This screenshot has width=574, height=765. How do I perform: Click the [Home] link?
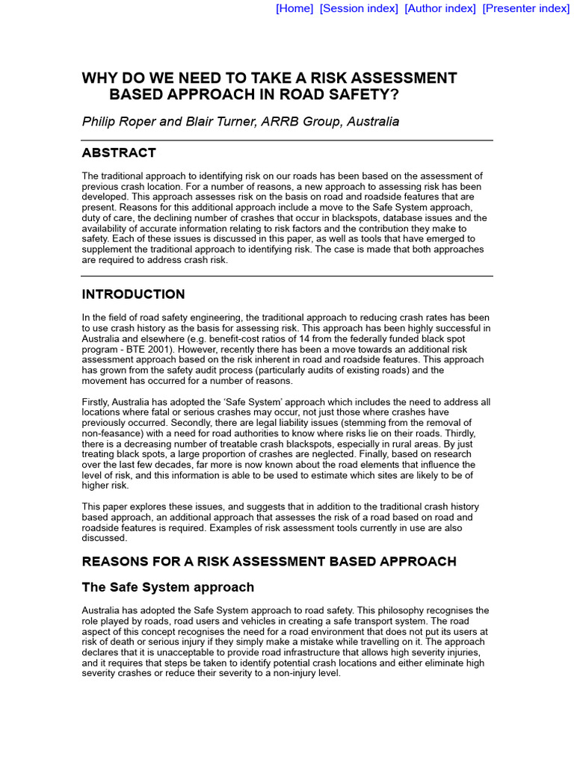294,8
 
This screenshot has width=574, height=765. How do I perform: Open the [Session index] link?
359,8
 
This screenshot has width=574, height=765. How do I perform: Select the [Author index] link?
440,8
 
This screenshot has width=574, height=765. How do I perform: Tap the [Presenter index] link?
525,8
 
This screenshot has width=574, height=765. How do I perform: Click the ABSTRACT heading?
119,153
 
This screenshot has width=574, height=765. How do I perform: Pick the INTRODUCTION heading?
133,294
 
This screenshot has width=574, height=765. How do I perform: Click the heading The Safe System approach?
167,587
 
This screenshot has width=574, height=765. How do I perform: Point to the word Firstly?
96,402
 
